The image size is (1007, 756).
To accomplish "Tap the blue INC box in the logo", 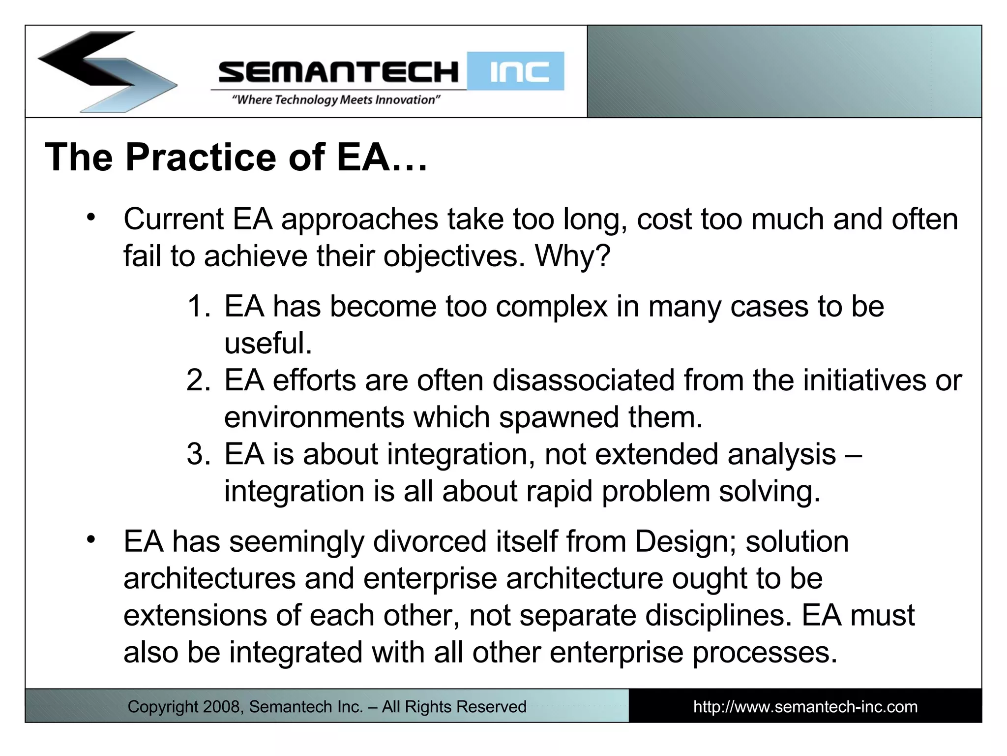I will pyautogui.click(x=515, y=71).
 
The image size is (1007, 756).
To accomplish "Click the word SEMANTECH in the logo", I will pyautogui.click(x=338, y=72).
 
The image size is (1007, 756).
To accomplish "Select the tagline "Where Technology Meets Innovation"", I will pyautogui.click(x=336, y=100).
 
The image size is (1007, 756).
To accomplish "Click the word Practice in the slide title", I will pyautogui.click(x=201, y=157).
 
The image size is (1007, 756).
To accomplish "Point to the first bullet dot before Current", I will pyautogui.click(x=90, y=217).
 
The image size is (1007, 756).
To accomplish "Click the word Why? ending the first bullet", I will pyautogui.click(x=572, y=256).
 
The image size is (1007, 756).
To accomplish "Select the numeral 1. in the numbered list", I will pyautogui.click(x=199, y=306).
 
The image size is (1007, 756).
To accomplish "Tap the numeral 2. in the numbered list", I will pyautogui.click(x=199, y=380).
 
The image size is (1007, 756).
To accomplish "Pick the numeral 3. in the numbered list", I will pyautogui.click(x=199, y=454).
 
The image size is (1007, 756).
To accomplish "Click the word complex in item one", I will pyautogui.click(x=552, y=307).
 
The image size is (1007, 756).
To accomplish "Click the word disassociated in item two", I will pyautogui.click(x=583, y=380).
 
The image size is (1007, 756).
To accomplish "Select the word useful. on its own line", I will pyautogui.click(x=268, y=343).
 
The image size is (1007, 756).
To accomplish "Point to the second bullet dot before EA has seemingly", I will pyautogui.click(x=90, y=540).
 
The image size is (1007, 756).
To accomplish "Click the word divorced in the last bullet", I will pyautogui.click(x=429, y=541).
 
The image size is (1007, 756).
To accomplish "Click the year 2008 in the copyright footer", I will pyautogui.click(x=221, y=707).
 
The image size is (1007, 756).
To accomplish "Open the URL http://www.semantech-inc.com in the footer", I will pyautogui.click(x=805, y=707).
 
